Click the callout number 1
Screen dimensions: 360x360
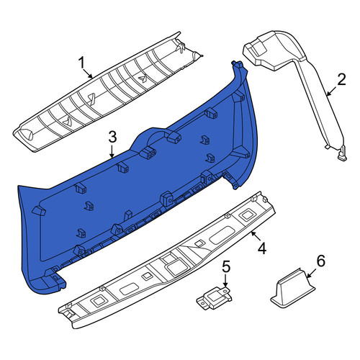point(81,63)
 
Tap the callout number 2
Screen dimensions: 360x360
point(341,79)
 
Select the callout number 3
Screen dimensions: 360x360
point(112,137)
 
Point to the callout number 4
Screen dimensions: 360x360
point(262,248)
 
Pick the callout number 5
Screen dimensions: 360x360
point(226,266)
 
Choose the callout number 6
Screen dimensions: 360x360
point(321,261)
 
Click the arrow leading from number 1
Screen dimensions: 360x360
point(88,73)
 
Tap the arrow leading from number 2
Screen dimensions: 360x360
point(332,91)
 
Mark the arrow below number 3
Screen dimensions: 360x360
point(112,151)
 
